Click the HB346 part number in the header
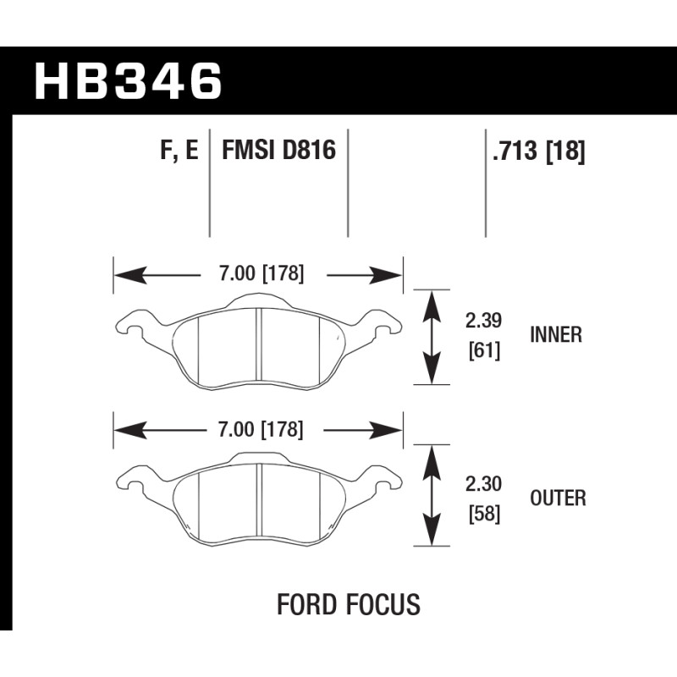(x=129, y=81)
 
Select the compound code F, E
(x=179, y=151)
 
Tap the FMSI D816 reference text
(x=278, y=150)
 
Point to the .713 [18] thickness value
(x=539, y=151)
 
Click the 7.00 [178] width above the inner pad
(x=261, y=273)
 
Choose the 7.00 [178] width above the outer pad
(x=261, y=430)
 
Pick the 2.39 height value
(x=483, y=321)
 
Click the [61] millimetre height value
(x=484, y=350)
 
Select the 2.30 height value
(x=483, y=484)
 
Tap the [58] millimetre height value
(x=484, y=514)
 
